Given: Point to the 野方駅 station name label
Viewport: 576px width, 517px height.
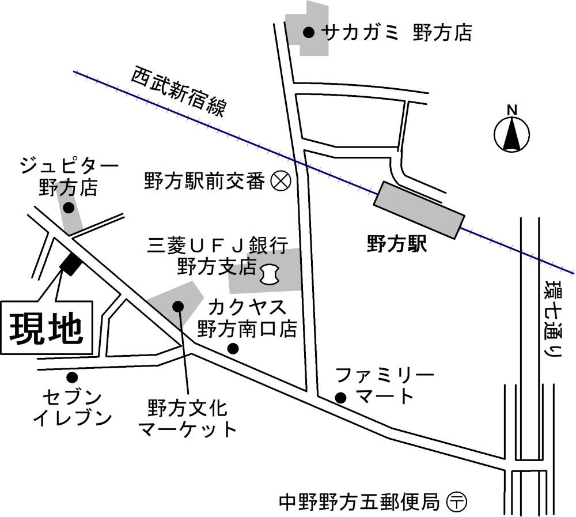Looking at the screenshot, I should click(396, 245).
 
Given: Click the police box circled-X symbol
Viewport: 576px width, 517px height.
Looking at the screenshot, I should click(281, 182).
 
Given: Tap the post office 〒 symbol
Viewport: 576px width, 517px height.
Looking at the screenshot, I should click(457, 501).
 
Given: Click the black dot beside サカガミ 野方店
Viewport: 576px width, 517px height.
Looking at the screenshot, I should click(309, 33).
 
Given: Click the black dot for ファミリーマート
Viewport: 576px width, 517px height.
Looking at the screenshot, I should click(340, 397).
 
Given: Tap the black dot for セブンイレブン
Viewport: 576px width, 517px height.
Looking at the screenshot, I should click(72, 378).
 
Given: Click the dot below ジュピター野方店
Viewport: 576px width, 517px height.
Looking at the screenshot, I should click(69, 208).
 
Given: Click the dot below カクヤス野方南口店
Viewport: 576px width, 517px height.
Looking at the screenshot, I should click(233, 348).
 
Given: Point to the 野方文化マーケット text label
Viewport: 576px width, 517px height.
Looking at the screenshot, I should click(188, 420).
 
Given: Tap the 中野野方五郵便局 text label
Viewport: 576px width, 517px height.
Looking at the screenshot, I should click(359, 501).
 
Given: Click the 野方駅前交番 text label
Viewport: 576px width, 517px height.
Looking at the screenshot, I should click(204, 182).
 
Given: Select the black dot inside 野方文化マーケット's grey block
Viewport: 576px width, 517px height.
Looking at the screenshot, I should click(177, 305).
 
